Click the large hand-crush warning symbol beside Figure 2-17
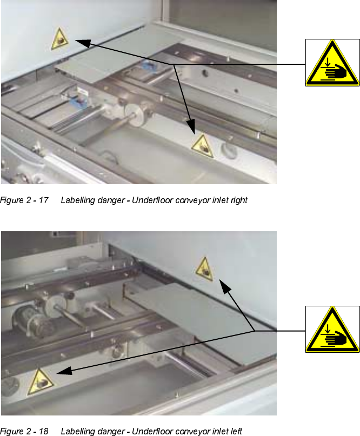pyautogui.click(x=332, y=63)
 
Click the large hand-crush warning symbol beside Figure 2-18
pyautogui.click(x=332, y=329)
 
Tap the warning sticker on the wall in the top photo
pyautogui.click(x=60, y=39)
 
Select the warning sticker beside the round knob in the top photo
pyautogui.click(x=203, y=146)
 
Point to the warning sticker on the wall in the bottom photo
pyautogui.click(x=205, y=269)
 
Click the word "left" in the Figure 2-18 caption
pyautogui.click(x=236, y=431)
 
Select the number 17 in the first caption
pyautogui.click(x=43, y=200)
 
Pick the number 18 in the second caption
pyautogui.click(x=43, y=431)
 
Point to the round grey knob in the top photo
pyautogui.click(x=229, y=150)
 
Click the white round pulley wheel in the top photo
pyautogui.click(x=136, y=115)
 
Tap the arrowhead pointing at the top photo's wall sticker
pyautogui.click(x=83, y=43)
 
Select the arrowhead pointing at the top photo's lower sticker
pyautogui.click(x=191, y=126)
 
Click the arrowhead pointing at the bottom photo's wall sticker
pyautogui.click(x=225, y=287)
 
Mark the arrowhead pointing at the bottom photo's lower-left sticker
pyautogui.click(x=64, y=371)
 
